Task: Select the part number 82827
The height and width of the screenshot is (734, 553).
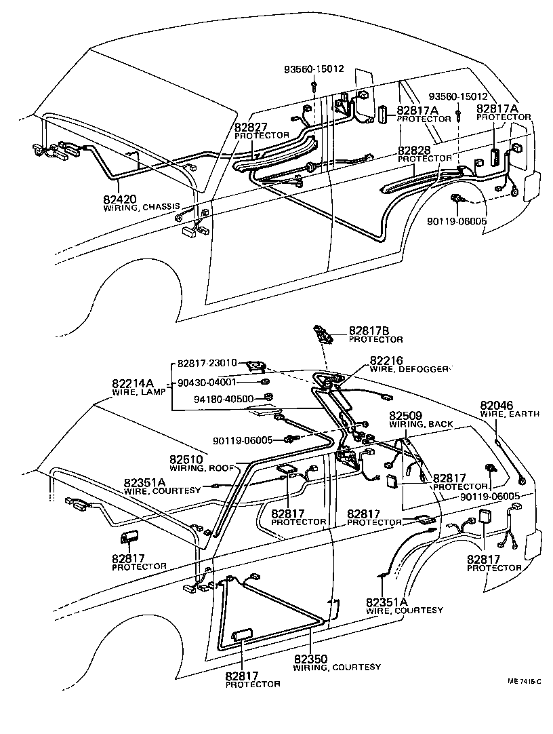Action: coord(251,127)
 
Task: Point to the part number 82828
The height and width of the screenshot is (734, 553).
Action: coord(415,150)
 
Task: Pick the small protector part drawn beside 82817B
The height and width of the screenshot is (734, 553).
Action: coord(323,334)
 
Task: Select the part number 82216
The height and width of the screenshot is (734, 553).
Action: coord(386,360)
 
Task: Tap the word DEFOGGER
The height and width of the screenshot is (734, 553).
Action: coord(424,369)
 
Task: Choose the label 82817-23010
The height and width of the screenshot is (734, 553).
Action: coord(207,363)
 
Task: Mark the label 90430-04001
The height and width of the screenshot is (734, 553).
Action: coord(207,383)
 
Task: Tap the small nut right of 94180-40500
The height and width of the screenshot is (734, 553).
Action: coord(268,397)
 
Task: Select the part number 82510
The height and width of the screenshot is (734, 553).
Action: coord(186,459)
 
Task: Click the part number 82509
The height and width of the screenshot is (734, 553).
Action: coord(406,415)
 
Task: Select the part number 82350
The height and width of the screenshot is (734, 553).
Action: coord(310,658)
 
